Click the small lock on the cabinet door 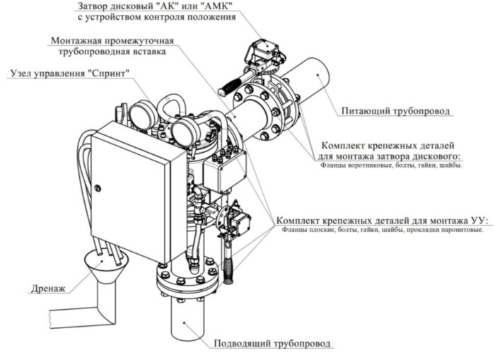(x=98, y=187)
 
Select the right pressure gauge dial (x=186, y=129)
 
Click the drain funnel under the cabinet (x=106, y=263)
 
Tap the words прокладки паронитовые (x=450, y=229)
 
